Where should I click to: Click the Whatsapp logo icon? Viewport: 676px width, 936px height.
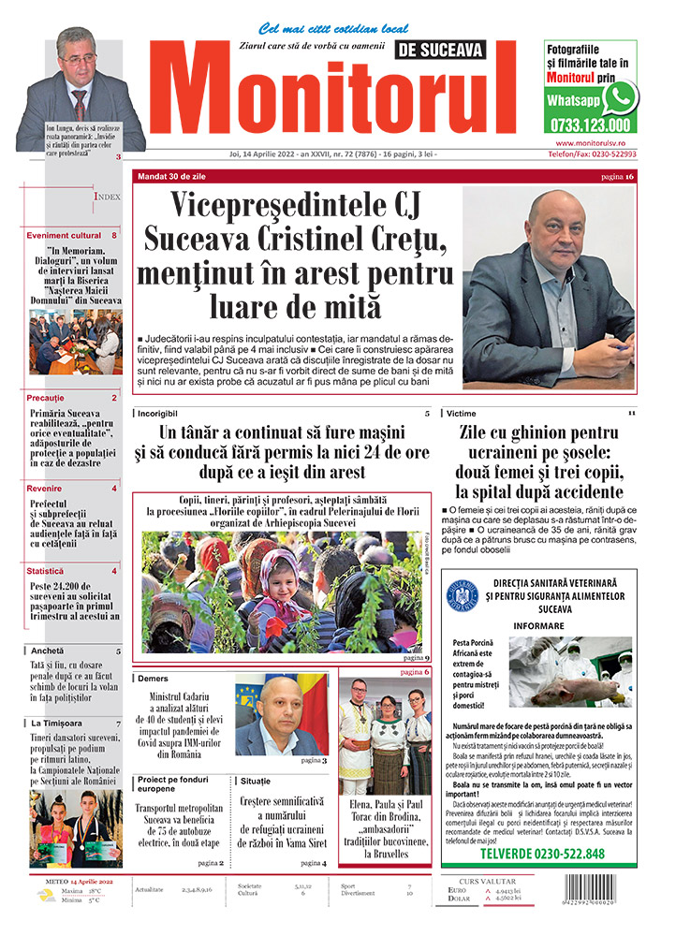[x=620, y=97]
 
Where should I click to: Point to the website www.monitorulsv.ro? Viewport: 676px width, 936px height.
[x=590, y=141]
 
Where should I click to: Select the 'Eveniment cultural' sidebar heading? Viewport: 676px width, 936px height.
[x=64, y=235]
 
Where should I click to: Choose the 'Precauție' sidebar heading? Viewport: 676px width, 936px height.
[x=46, y=398]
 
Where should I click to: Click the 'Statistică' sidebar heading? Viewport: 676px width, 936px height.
[x=46, y=570]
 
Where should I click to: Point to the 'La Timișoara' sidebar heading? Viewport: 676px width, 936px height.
[x=56, y=723]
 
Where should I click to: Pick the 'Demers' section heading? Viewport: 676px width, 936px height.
[x=153, y=678]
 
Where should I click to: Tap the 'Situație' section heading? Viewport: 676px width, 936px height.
[x=256, y=780]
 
